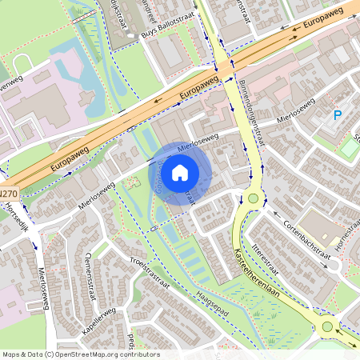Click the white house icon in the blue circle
click(180, 172)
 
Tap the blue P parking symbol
click(338, 116)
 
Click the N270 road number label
click(7, 194)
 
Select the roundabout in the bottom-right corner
click(327, 326)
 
